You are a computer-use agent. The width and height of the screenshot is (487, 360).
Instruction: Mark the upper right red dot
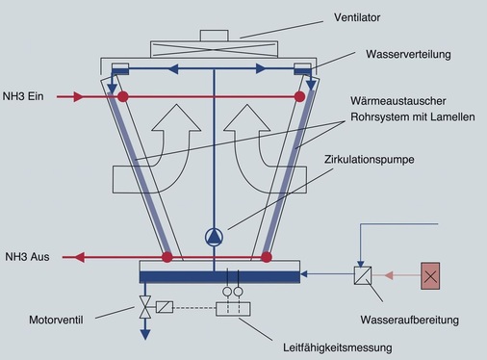tap(299, 97)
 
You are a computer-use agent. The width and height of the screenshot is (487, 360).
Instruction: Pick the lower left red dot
tap(167, 257)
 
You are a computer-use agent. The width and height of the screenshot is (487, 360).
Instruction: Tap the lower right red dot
tap(267, 257)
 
